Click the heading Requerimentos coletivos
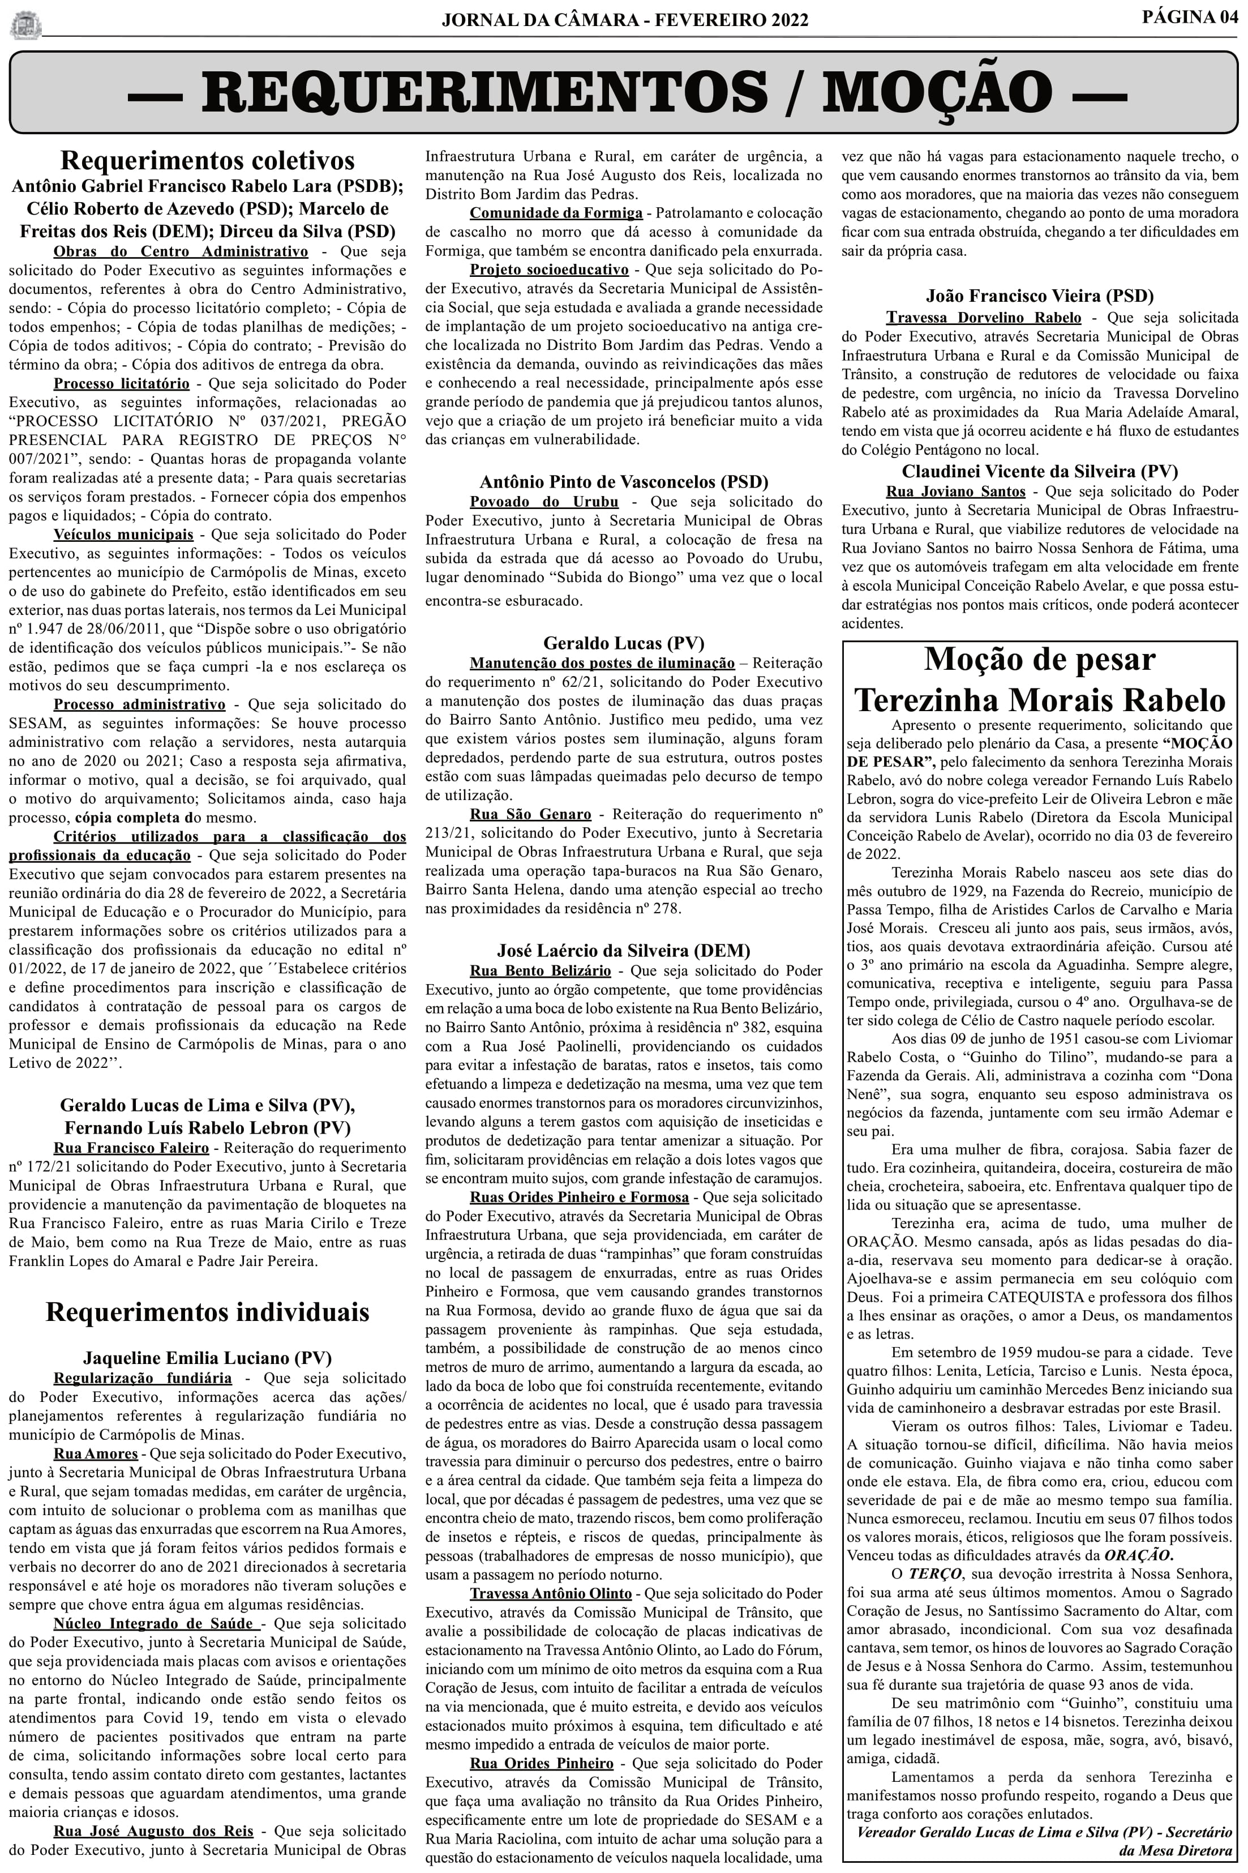207,160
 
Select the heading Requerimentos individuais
207,1311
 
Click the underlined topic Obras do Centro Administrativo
181,251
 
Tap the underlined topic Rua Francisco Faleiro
131,1147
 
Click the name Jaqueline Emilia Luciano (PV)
207,1357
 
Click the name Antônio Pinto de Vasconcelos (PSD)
624,482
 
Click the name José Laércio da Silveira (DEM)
624,950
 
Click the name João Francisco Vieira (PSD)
1040,296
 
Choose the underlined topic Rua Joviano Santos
955,491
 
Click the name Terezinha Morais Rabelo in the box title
1040,700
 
